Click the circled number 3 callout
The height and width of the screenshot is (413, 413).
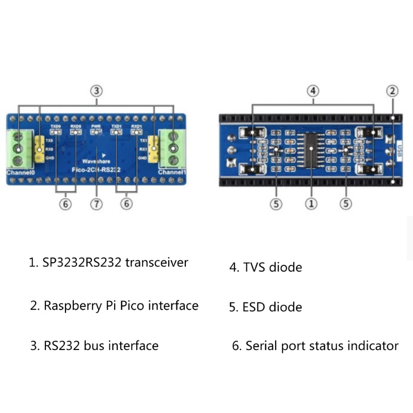(97, 91)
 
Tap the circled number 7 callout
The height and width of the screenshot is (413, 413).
(97, 204)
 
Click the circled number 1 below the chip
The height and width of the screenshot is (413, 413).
(311, 204)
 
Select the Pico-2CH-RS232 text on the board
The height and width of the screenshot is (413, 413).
(96, 169)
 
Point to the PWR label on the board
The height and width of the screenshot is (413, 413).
(96, 126)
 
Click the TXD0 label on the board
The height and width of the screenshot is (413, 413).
(55, 126)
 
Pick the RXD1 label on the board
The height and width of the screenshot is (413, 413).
(136, 126)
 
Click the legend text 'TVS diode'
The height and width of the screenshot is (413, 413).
(266, 267)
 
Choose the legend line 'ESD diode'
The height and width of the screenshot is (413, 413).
(266, 307)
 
